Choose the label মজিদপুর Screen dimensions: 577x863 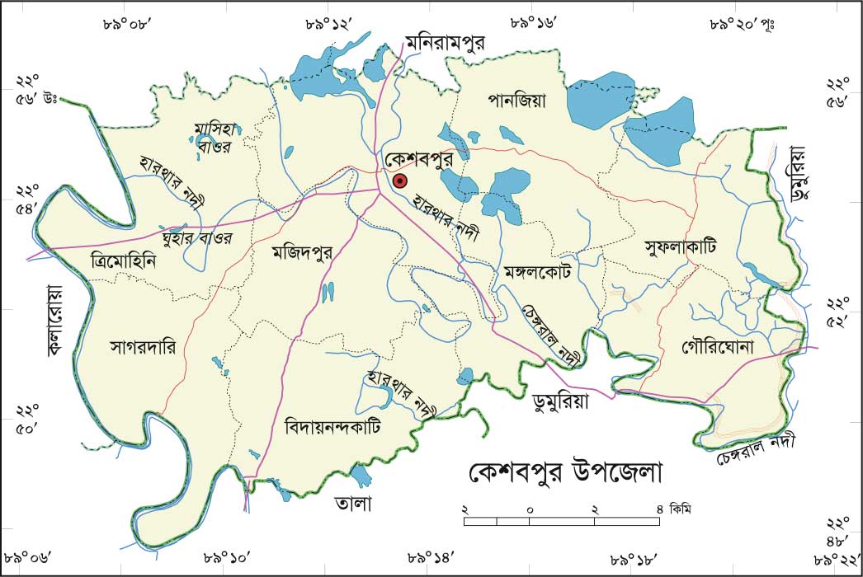(x=303, y=254)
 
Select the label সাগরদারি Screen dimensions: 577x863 (x=143, y=347)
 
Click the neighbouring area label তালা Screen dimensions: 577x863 (x=353, y=502)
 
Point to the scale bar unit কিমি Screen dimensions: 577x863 (x=681, y=508)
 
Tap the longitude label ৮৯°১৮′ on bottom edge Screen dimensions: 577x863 (x=634, y=558)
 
